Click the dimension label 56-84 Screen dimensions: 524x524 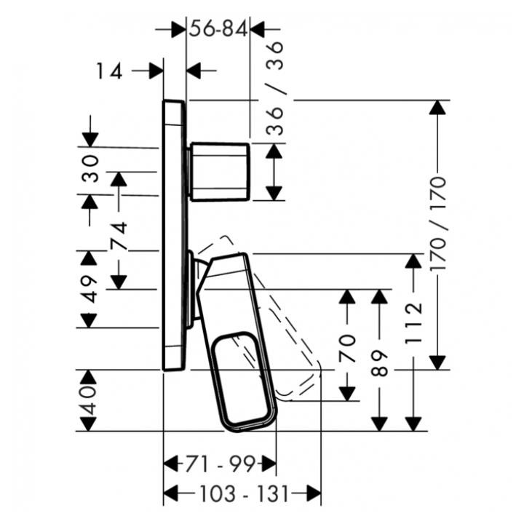(218, 28)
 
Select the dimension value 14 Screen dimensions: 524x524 (109, 71)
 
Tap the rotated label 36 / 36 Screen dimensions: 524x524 (274, 88)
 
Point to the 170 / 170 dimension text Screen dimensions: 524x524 (438, 223)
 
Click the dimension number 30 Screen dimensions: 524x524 (90, 168)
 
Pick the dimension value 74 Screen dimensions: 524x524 (119, 236)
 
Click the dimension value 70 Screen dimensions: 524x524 (347, 349)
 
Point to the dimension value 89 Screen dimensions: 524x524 (379, 363)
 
